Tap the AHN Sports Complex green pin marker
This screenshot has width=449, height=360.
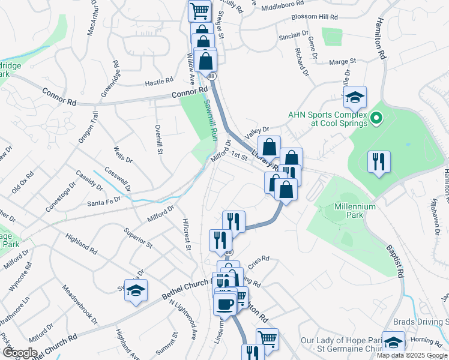(376, 119)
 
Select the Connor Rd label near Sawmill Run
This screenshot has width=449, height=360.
(189, 92)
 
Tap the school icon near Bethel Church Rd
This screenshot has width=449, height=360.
(136, 290)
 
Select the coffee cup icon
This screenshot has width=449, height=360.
(225, 304)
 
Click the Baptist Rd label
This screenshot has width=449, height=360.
(390, 259)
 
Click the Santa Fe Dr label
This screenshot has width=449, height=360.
(106, 202)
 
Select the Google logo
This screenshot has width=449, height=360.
(19, 352)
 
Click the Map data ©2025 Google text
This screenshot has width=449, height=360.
(412, 355)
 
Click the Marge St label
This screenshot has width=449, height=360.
(343, 61)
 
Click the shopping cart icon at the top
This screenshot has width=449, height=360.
(199, 10)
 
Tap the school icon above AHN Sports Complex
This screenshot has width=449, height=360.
(355, 97)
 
